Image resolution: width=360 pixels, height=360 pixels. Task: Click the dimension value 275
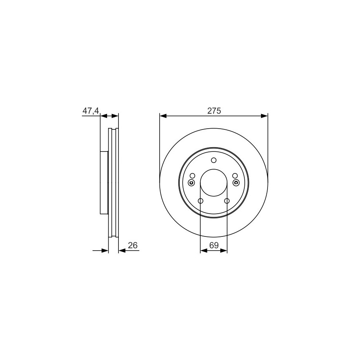pyautogui.click(x=214, y=111)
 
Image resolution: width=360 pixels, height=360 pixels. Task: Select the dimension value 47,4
pyautogui.click(x=90, y=111)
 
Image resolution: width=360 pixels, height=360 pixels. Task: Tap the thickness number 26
pyautogui.click(x=133, y=246)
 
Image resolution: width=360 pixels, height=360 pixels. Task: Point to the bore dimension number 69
pyautogui.click(x=214, y=246)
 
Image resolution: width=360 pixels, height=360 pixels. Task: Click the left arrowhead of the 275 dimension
pyautogui.click(x=163, y=116)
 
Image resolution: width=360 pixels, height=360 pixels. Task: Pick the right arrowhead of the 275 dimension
pyautogui.click(x=264, y=116)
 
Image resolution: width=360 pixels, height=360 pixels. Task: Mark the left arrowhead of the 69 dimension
pyautogui.click(x=204, y=251)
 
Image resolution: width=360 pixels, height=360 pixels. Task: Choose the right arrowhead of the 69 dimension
pyautogui.click(x=224, y=251)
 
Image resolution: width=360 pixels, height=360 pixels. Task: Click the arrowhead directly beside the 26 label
pyautogui.click(x=122, y=251)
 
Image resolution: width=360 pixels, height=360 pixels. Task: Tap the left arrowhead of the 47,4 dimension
pyautogui.click(x=104, y=116)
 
